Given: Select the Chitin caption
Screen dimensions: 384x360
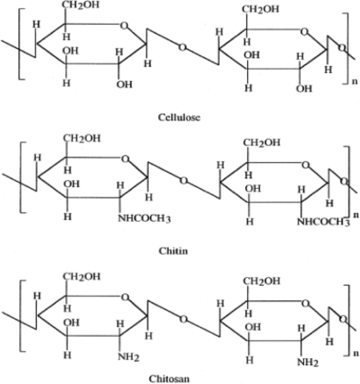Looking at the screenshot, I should tap(173, 250).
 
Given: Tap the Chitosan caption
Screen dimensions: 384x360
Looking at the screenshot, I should tap(180, 378).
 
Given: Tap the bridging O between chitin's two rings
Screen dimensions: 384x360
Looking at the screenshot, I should tap(183, 180).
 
